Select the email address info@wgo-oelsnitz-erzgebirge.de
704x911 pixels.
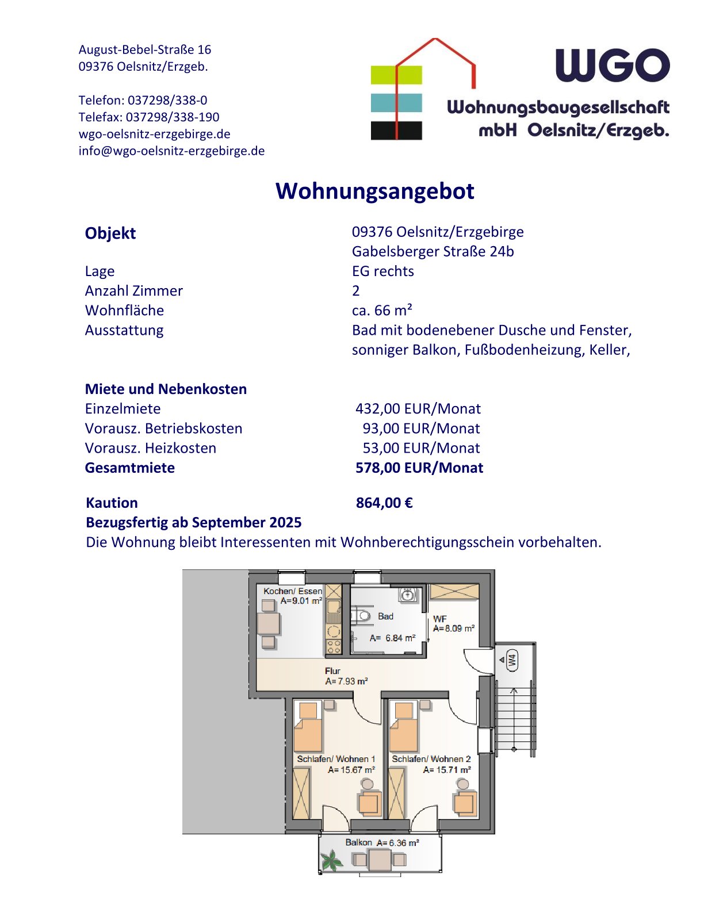click(x=171, y=151)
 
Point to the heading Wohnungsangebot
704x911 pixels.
click(x=375, y=191)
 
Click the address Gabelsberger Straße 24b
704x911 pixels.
click(x=433, y=251)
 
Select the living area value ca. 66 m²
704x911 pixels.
click(x=382, y=310)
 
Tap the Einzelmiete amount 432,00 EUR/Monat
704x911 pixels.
click(x=418, y=408)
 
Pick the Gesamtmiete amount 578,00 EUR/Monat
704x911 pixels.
click(x=419, y=468)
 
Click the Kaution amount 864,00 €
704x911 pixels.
click(x=384, y=503)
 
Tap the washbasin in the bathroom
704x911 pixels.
click(x=407, y=594)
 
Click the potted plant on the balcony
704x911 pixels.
click(x=331, y=860)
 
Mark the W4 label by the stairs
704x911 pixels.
click(x=511, y=659)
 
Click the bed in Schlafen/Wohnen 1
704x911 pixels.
click(x=308, y=726)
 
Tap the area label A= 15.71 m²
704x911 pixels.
click(x=447, y=770)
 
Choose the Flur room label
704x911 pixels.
click(x=332, y=671)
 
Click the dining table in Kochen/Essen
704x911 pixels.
click(x=268, y=623)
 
